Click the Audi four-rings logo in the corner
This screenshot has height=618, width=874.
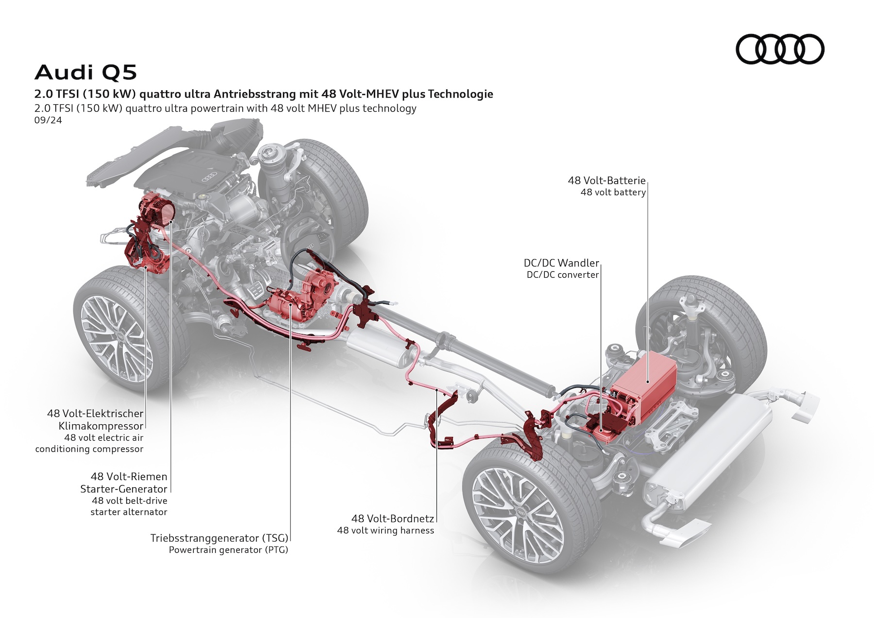(x=780, y=49)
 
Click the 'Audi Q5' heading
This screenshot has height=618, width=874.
(x=86, y=72)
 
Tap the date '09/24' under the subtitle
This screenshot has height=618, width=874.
(x=48, y=120)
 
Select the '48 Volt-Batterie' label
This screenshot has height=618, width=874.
(x=606, y=181)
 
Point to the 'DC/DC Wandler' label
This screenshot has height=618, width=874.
(x=561, y=263)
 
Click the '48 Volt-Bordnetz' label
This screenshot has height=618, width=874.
(x=392, y=518)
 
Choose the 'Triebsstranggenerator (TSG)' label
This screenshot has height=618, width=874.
(x=219, y=538)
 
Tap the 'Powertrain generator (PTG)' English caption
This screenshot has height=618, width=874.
(x=228, y=550)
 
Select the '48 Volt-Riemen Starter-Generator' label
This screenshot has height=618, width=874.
(x=124, y=483)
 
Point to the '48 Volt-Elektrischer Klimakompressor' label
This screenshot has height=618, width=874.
(x=95, y=419)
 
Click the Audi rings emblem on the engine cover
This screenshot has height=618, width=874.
(x=210, y=175)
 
